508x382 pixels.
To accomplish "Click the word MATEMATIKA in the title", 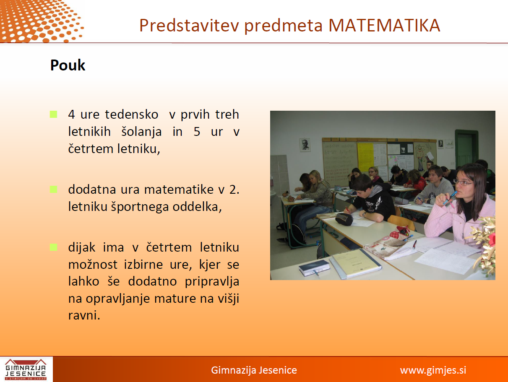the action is point(384,26).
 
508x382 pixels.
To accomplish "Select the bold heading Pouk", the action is point(68,65).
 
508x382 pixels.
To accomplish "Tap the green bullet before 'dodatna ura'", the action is point(53,190).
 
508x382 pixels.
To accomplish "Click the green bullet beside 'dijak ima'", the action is point(53,247).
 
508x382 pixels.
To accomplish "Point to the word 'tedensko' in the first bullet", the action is point(132,114).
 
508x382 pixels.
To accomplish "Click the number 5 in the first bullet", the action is point(197,132).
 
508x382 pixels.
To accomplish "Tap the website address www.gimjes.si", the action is point(433,370).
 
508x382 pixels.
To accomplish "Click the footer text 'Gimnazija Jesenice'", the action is point(254,370).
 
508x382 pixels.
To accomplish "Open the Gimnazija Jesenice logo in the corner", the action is point(26,369).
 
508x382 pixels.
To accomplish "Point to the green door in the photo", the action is point(466,148).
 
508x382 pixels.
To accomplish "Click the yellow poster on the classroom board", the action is point(365,157).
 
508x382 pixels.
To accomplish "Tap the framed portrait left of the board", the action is point(305,145).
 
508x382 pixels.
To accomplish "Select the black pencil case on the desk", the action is point(344,219).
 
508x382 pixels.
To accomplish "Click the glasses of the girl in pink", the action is point(463,183).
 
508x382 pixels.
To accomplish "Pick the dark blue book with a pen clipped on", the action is point(314,268).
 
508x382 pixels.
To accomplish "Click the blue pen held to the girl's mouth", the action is point(450,197).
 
